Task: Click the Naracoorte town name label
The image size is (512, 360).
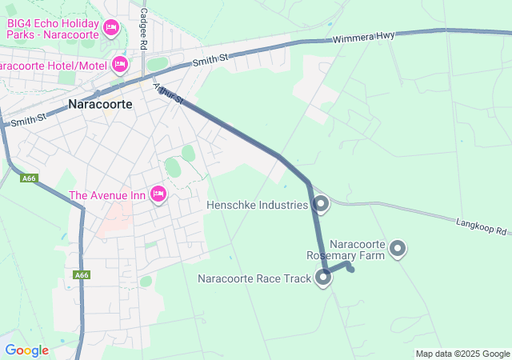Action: coord(100,104)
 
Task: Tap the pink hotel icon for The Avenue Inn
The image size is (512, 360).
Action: coord(158,194)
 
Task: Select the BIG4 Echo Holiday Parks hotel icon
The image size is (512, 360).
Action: coord(111,29)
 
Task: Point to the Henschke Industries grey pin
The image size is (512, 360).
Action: coord(321,205)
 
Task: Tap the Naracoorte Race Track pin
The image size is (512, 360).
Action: coord(323,278)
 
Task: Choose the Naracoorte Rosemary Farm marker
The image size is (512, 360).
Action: coord(398,250)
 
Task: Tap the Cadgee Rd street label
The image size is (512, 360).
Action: coord(143,30)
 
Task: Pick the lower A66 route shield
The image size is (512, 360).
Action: coord(82,275)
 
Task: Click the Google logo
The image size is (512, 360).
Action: coord(26,350)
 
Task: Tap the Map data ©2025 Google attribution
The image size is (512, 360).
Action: coord(462,354)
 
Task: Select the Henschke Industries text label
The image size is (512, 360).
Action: coord(257,206)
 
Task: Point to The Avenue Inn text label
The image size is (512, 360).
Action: coord(109,195)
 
